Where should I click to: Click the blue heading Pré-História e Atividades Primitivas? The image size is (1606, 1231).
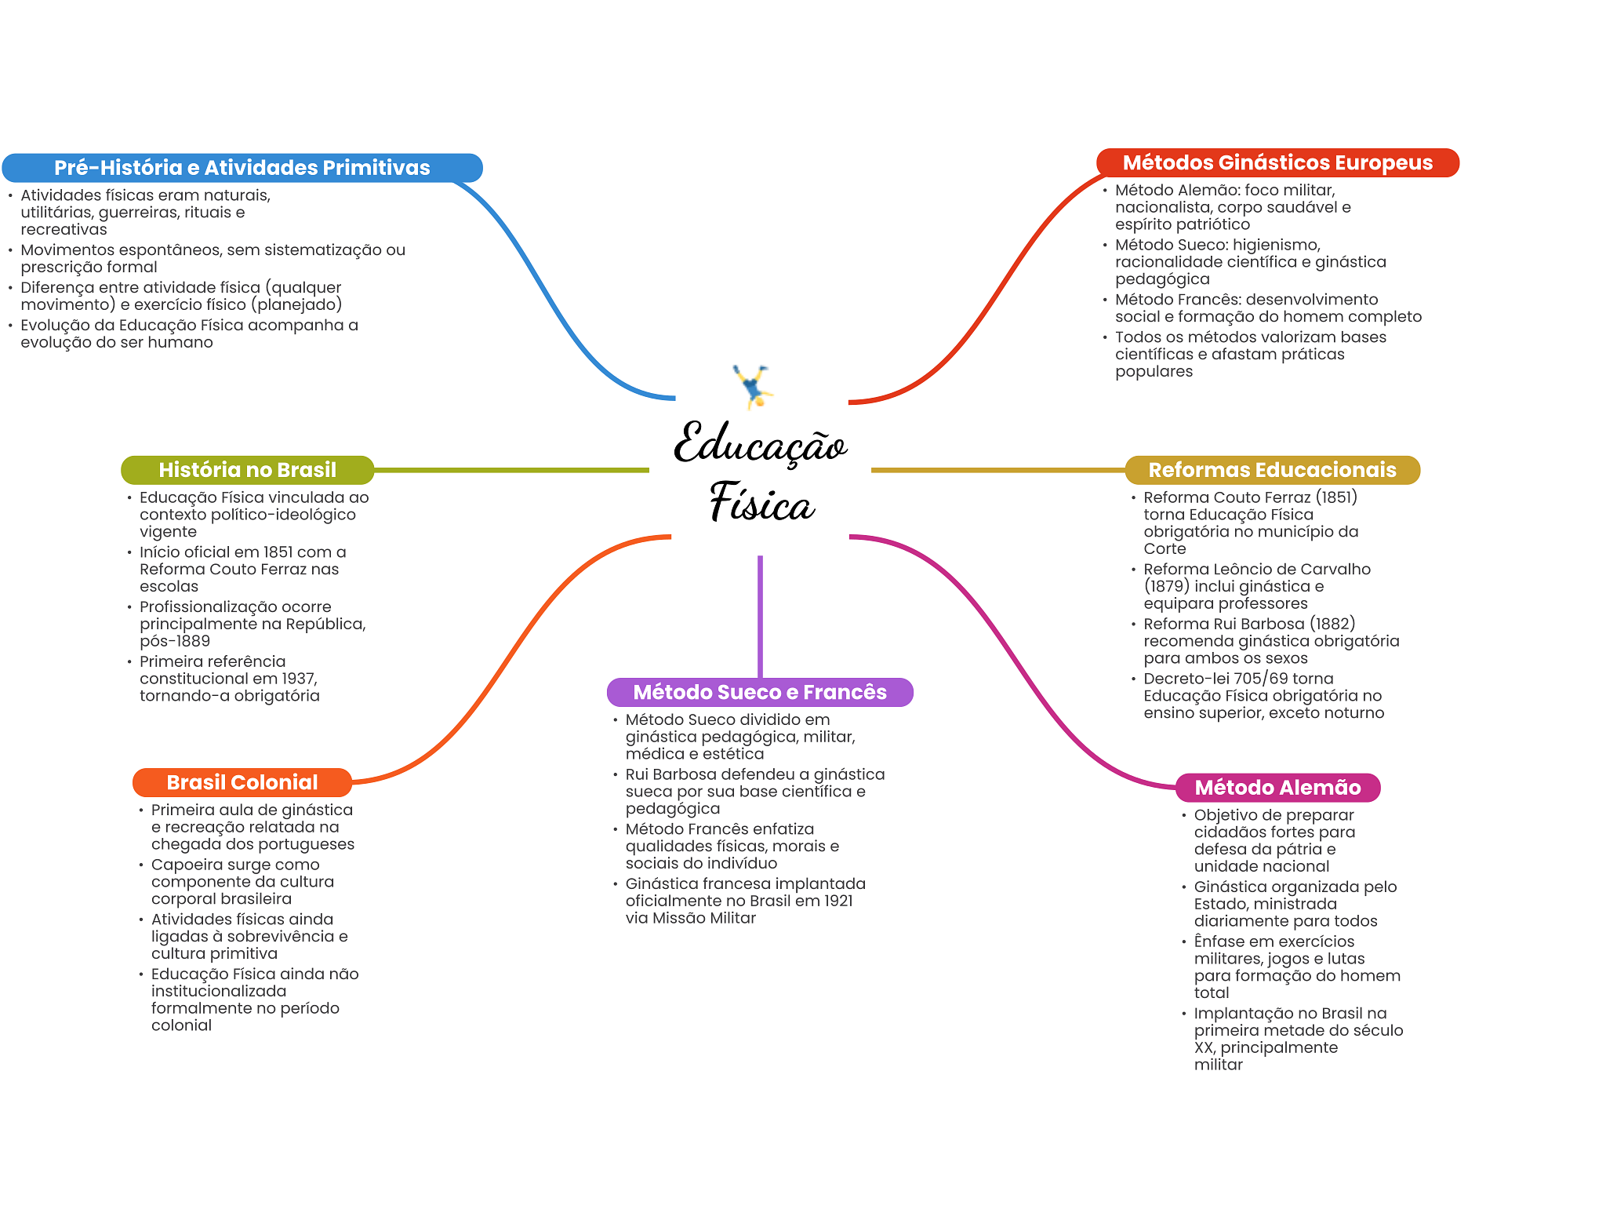pos(242,168)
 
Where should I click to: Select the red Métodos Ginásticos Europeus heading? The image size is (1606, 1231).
pos(1277,163)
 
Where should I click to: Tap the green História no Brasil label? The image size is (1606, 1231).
pos(247,470)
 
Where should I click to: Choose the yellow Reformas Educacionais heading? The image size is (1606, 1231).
pos(1272,470)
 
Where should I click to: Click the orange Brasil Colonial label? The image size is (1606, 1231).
pos(242,782)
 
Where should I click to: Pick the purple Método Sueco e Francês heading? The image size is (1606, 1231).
pos(759,692)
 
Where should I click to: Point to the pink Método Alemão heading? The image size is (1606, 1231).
pos(1277,788)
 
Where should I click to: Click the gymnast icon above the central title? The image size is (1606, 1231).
pos(754,386)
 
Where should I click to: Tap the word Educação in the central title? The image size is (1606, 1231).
pos(759,445)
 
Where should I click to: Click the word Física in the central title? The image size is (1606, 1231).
pos(762,504)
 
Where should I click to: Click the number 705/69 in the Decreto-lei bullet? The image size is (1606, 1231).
pos(1259,679)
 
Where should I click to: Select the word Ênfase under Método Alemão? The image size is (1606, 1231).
pos(1219,941)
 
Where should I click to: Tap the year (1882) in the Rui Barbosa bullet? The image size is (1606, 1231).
pos(1332,624)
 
